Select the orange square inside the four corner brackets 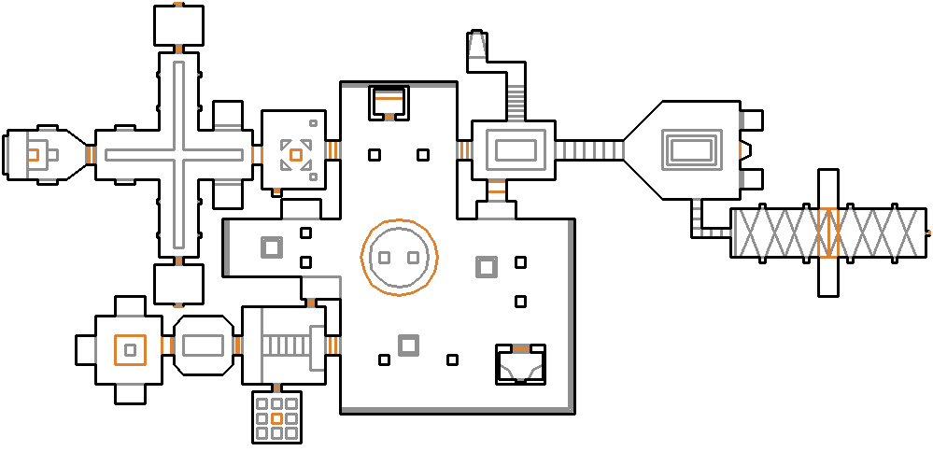296,154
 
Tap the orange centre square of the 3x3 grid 276,419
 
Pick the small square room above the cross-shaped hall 177,23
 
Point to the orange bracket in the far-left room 32,154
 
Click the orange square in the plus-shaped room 130,349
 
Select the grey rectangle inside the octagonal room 202,345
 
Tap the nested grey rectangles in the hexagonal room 690,149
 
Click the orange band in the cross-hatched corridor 827,233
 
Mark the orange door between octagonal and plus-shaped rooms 167,346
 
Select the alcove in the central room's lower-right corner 520,364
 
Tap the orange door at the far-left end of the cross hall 90,154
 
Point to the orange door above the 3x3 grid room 276,387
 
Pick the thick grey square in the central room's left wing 271,247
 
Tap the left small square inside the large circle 384,257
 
